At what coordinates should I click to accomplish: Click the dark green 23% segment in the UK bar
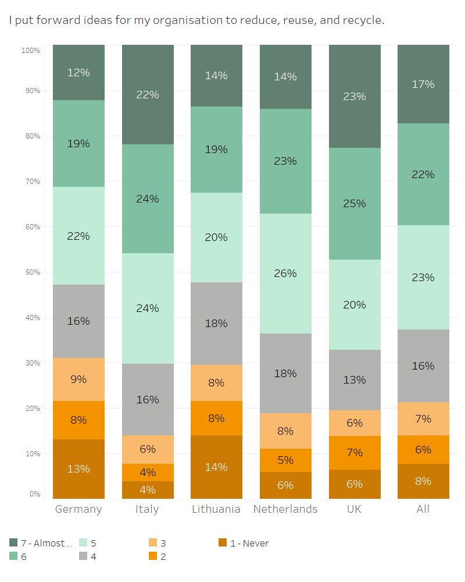(355, 96)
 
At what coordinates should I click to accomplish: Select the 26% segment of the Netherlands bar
(285, 273)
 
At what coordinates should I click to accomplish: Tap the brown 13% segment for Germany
(78, 469)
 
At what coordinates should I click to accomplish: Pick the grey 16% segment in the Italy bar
(148, 399)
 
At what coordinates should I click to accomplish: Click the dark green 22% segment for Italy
(148, 94)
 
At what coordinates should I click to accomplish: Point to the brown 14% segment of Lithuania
(216, 467)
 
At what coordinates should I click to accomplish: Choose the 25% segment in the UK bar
(355, 203)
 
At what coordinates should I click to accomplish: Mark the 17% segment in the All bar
(423, 84)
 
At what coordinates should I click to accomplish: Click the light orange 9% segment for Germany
(78, 379)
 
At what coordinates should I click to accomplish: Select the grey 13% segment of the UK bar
(355, 379)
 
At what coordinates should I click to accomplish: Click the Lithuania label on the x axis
(216, 509)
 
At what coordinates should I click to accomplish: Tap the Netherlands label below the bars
(285, 509)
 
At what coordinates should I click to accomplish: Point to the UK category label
(354, 509)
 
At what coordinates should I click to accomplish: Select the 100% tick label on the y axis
(30, 51)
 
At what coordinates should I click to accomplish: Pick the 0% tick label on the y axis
(34, 494)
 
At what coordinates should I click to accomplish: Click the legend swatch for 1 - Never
(222, 543)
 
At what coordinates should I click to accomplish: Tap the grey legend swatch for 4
(83, 556)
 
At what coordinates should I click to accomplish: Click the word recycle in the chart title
(363, 21)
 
